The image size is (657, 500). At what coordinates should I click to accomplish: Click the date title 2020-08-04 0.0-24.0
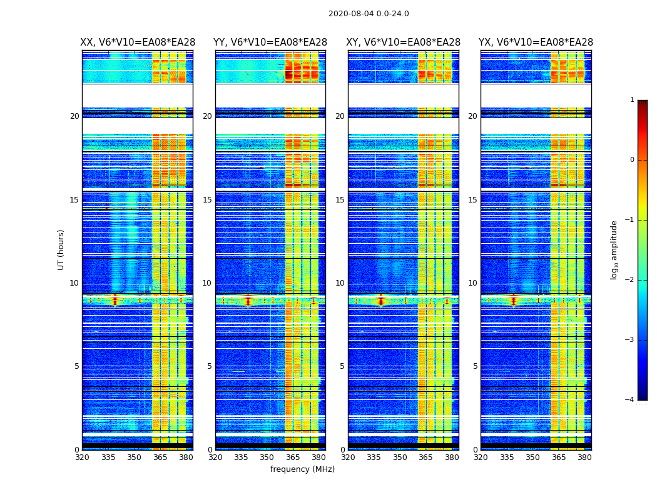[x=369, y=14]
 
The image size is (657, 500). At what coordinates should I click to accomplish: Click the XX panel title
[x=137, y=42]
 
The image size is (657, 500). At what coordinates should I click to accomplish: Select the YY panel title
[x=270, y=42]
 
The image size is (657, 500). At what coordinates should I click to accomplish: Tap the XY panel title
[x=403, y=42]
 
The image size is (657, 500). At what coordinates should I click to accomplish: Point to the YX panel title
[x=536, y=42]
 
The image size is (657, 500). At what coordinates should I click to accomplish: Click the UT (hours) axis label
[x=61, y=249]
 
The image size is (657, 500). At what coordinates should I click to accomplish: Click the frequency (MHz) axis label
[x=302, y=469]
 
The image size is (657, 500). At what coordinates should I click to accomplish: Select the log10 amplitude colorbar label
[x=614, y=249]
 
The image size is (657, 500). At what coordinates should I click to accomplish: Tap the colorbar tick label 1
[x=632, y=100]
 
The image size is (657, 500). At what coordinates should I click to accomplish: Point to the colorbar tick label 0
[x=632, y=160]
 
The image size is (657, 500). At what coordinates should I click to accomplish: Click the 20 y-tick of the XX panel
[x=74, y=116]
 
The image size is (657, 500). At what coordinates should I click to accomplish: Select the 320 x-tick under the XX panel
[x=82, y=457]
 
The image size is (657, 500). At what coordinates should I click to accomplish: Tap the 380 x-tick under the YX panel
[x=584, y=457]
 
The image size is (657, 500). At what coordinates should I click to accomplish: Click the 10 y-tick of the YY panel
[x=207, y=283]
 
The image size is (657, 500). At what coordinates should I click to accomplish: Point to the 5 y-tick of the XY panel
[x=342, y=366]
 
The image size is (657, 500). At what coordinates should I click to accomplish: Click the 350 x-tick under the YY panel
[x=267, y=457]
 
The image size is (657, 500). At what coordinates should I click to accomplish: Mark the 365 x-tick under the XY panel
[x=425, y=457]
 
